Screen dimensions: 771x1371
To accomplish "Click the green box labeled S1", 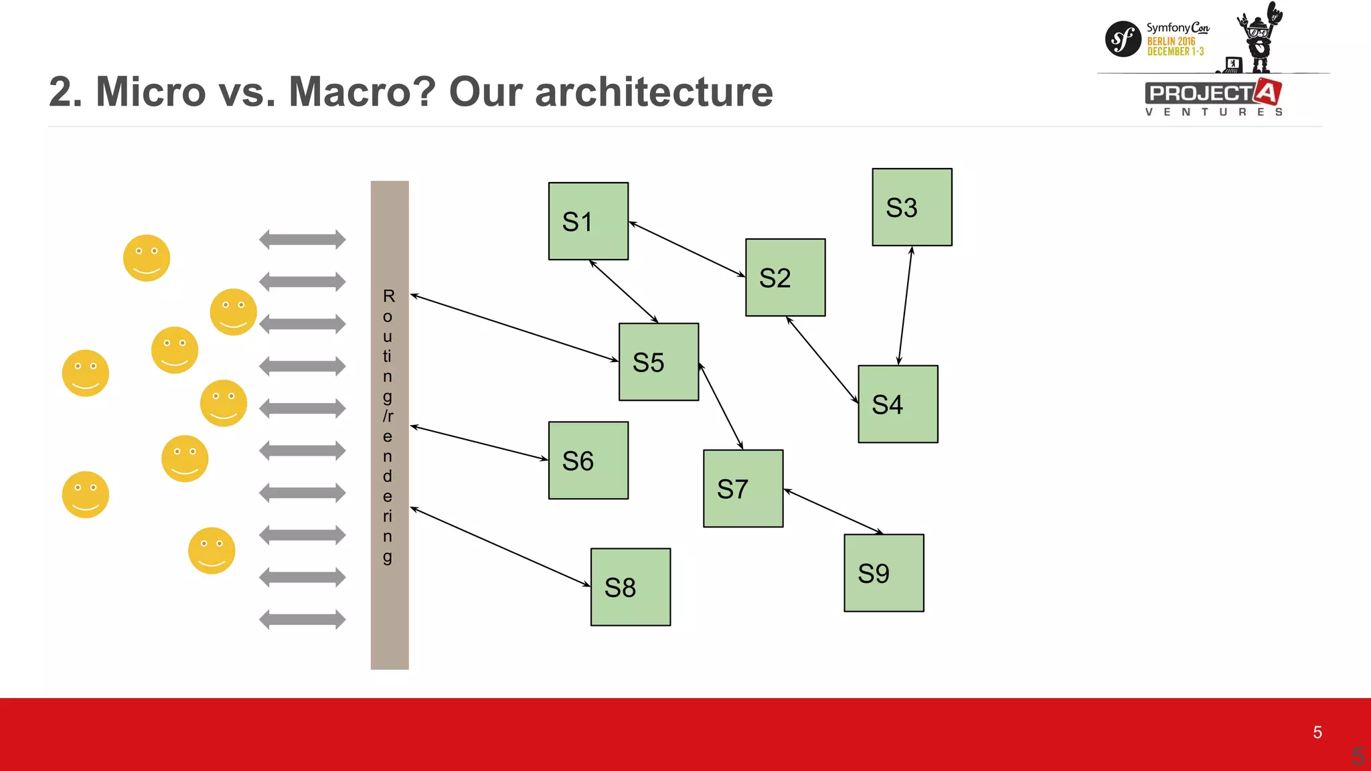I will click(x=588, y=221).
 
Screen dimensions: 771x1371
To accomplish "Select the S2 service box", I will click(x=785, y=277).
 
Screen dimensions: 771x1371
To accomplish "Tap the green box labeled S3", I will click(x=912, y=207).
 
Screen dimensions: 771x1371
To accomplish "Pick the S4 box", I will click(x=898, y=404).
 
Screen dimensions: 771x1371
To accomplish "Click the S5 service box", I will click(x=658, y=361).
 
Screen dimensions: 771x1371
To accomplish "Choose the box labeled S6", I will click(x=588, y=460).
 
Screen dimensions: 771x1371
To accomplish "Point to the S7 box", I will click(x=742, y=488).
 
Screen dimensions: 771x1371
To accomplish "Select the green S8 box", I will click(x=630, y=587).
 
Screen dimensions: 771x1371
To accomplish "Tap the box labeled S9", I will click(x=884, y=572).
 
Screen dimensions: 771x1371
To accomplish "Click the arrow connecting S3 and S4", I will click(x=905, y=305).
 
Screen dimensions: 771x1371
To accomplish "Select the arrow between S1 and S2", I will click(x=687, y=249).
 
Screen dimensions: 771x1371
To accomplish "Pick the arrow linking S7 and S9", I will click(x=833, y=512).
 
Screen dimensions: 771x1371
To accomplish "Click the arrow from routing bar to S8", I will click(x=500, y=547).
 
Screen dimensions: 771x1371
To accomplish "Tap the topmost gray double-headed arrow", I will click(x=303, y=239).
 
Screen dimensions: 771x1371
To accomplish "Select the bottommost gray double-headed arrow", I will click(x=303, y=619).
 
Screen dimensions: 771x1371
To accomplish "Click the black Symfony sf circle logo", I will click(x=1123, y=39).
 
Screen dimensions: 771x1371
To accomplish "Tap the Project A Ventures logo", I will click(x=1213, y=98).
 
